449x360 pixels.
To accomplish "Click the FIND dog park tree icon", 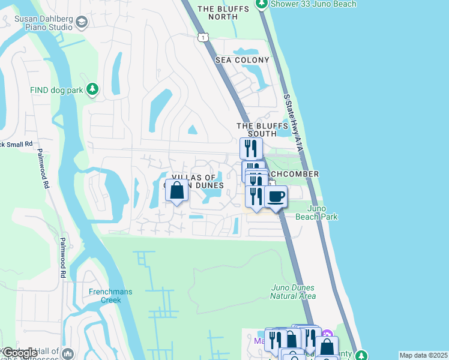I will (92, 89).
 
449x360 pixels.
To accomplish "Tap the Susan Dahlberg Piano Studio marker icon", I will (82, 22).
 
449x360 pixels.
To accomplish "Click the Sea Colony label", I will (243, 60).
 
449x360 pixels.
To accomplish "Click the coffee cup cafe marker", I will (276, 196).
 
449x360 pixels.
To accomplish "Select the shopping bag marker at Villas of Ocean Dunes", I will (176, 191).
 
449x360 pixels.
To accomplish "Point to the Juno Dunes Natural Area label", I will (292, 292).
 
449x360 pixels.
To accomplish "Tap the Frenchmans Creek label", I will (110, 296).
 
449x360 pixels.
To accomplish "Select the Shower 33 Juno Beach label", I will (313, 4).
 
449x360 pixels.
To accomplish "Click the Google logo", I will (19, 353).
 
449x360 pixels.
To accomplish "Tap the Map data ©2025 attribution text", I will (423, 355).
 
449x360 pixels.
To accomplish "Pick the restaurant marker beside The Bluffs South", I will (251, 148).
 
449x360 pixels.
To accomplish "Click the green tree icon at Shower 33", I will (261, 4).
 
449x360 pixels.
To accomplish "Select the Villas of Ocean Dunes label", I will (198, 181).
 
